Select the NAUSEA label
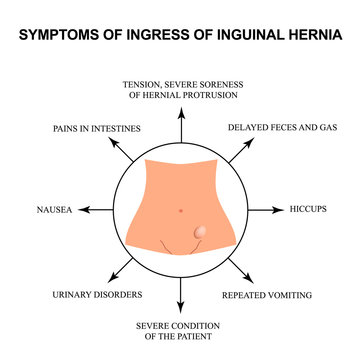[x=52, y=211]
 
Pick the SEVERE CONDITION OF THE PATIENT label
[x=180, y=332]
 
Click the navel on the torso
[x=179, y=209]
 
